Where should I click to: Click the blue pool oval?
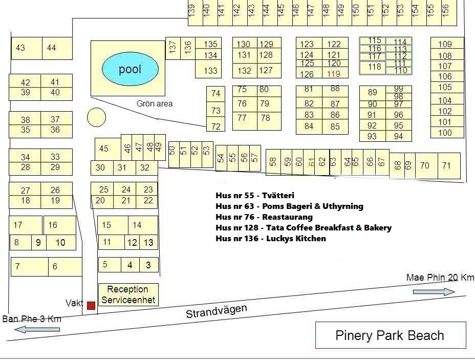(130, 69)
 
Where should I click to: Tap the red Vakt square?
(91, 305)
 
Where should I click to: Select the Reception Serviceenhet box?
(128, 294)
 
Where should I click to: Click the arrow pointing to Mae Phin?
(434, 291)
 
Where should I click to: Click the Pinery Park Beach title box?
(390, 335)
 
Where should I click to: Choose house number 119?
(334, 74)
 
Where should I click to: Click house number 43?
(20, 48)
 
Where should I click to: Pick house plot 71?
(447, 165)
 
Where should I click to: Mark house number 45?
(104, 149)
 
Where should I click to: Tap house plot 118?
(375, 67)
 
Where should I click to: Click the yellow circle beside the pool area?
(96, 117)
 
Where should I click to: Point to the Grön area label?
(155, 103)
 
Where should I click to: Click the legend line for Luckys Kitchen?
(271, 238)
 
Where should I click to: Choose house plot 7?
(18, 266)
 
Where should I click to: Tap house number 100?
(445, 133)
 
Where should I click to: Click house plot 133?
(210, 71)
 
